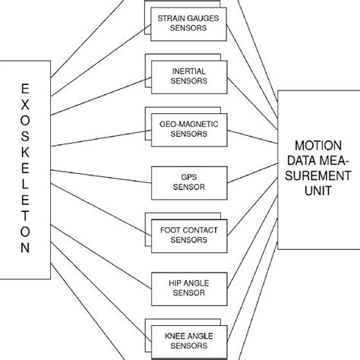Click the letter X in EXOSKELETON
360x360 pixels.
click(25, 108)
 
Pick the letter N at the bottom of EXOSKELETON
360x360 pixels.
click(25, 248)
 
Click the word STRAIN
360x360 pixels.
click(168, 17)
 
